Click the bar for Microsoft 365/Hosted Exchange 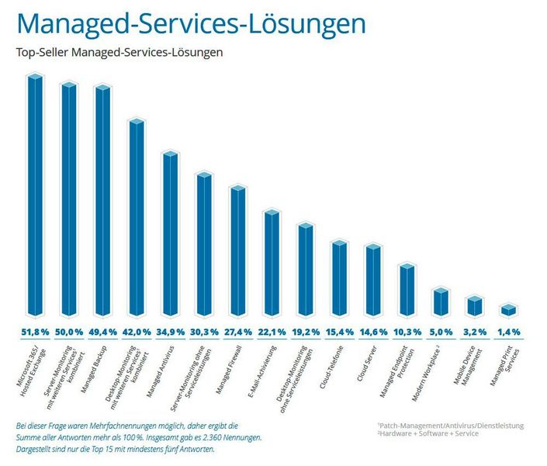tap(35, 194)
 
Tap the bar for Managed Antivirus tap(170, 233)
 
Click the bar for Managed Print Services tap(508, 310)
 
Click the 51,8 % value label tap(35, 332)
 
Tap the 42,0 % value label tap(137, 332)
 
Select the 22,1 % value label tap(272, 332)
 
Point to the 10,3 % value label tap(407, 332)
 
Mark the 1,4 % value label tap(508, 332)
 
